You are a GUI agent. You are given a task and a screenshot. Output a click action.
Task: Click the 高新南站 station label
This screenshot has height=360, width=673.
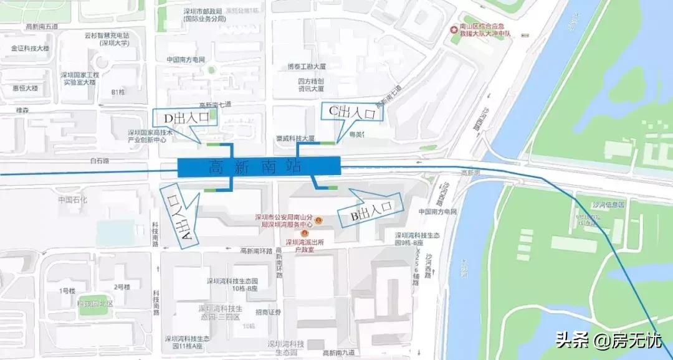click(259, 167)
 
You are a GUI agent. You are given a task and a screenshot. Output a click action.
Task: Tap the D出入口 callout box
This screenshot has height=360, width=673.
click(186, 118)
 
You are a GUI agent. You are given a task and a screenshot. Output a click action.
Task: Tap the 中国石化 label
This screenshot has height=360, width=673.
click(73, 200)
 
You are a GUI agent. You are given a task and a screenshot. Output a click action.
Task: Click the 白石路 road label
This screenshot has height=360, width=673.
click(99, 161)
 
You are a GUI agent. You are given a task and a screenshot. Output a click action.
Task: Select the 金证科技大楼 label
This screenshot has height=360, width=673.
click(30, 48)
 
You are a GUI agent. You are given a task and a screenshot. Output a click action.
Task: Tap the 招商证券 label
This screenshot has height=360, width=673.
click(268, 313)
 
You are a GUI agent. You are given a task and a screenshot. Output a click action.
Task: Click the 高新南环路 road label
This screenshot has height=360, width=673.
click(257, 251)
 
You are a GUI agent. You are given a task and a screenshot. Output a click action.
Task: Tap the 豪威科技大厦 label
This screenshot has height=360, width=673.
click(295, 138)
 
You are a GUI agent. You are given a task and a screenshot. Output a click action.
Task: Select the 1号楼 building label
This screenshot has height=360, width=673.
click(67, 291)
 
